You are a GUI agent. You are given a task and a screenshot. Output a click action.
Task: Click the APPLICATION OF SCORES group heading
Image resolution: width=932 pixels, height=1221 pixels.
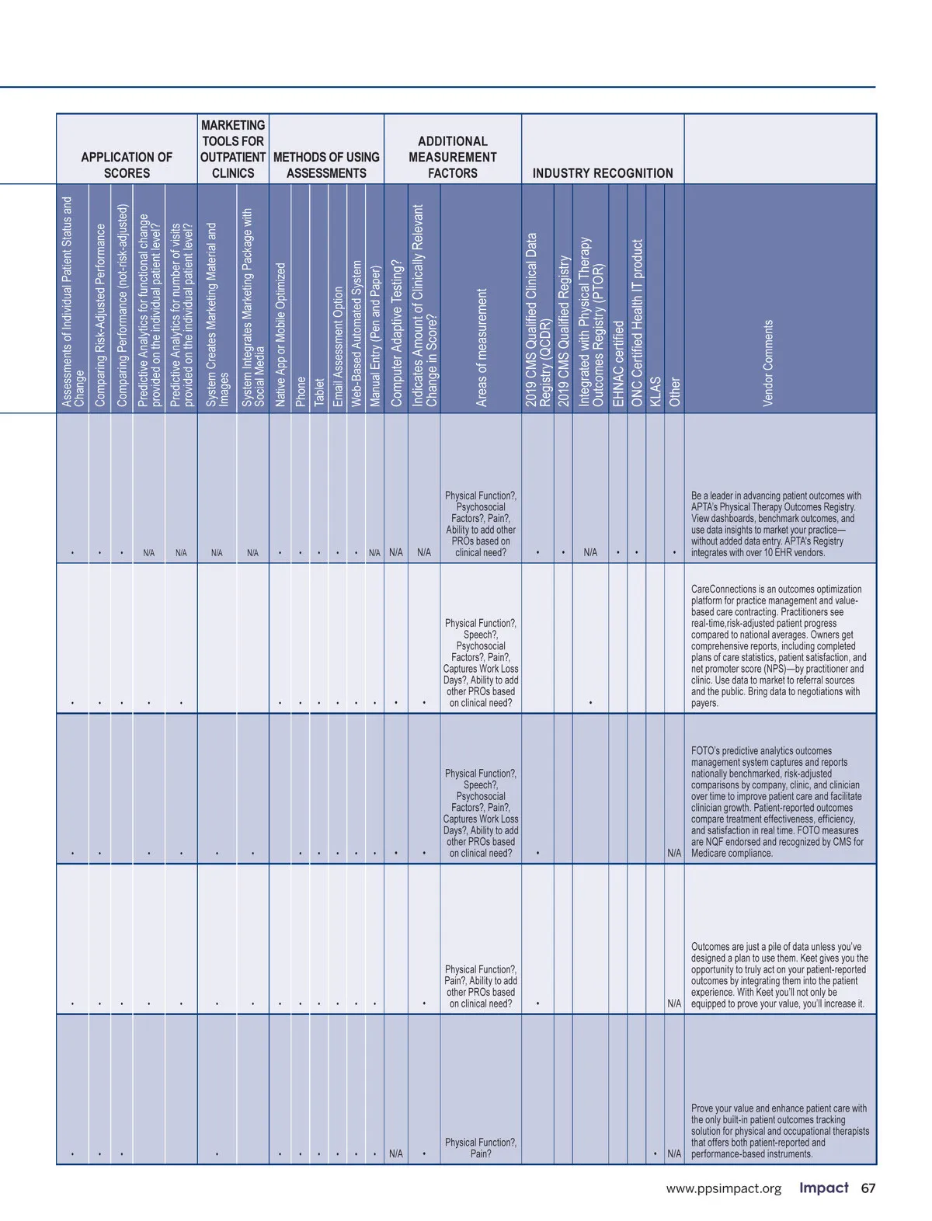click(127, 165)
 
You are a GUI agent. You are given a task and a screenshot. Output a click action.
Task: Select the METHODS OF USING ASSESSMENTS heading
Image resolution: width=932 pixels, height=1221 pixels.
click(326, 165)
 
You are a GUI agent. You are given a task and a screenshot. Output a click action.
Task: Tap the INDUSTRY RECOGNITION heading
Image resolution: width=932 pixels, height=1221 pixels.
click(603, 173)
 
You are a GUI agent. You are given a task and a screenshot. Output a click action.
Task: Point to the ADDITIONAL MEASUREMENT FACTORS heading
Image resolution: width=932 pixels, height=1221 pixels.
click(453, 157)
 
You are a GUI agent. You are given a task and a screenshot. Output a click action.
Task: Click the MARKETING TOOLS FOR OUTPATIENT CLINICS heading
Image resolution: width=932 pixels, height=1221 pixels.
click(233, 149)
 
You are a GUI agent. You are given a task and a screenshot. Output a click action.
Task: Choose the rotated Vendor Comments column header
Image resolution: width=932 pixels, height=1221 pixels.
click(768, 363)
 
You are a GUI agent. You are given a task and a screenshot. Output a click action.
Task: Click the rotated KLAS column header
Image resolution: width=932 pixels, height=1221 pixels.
click(656, 391)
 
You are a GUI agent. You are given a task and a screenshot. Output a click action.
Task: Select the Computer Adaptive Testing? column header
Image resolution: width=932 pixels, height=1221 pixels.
click(396, 332)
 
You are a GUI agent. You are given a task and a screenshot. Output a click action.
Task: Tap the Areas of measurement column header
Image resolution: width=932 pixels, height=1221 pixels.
click(482, 347)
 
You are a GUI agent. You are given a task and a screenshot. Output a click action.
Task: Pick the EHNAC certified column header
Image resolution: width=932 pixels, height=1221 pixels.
click(618, 363)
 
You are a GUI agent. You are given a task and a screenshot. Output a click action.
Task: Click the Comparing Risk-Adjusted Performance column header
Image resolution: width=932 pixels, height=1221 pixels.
click(100, 315)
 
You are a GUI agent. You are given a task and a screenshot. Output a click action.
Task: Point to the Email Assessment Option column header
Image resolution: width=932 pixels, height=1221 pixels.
click(338, 346)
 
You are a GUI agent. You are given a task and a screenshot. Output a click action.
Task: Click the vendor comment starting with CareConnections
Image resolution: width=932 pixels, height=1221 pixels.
click(778, 645)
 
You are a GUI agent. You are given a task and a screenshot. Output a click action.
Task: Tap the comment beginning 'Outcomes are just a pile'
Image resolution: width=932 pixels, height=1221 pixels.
click(778, 975)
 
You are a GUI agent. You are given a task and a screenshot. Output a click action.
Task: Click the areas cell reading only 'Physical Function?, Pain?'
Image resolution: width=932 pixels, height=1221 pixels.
click(481, 1148)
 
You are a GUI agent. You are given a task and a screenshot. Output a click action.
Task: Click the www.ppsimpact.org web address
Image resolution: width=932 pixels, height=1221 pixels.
click(723, 1189)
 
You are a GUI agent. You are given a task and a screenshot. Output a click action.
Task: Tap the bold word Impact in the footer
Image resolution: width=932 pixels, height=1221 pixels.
click(823, 1188)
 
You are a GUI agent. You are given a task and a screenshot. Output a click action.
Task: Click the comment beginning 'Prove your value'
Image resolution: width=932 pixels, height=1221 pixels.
click(778, 1131)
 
